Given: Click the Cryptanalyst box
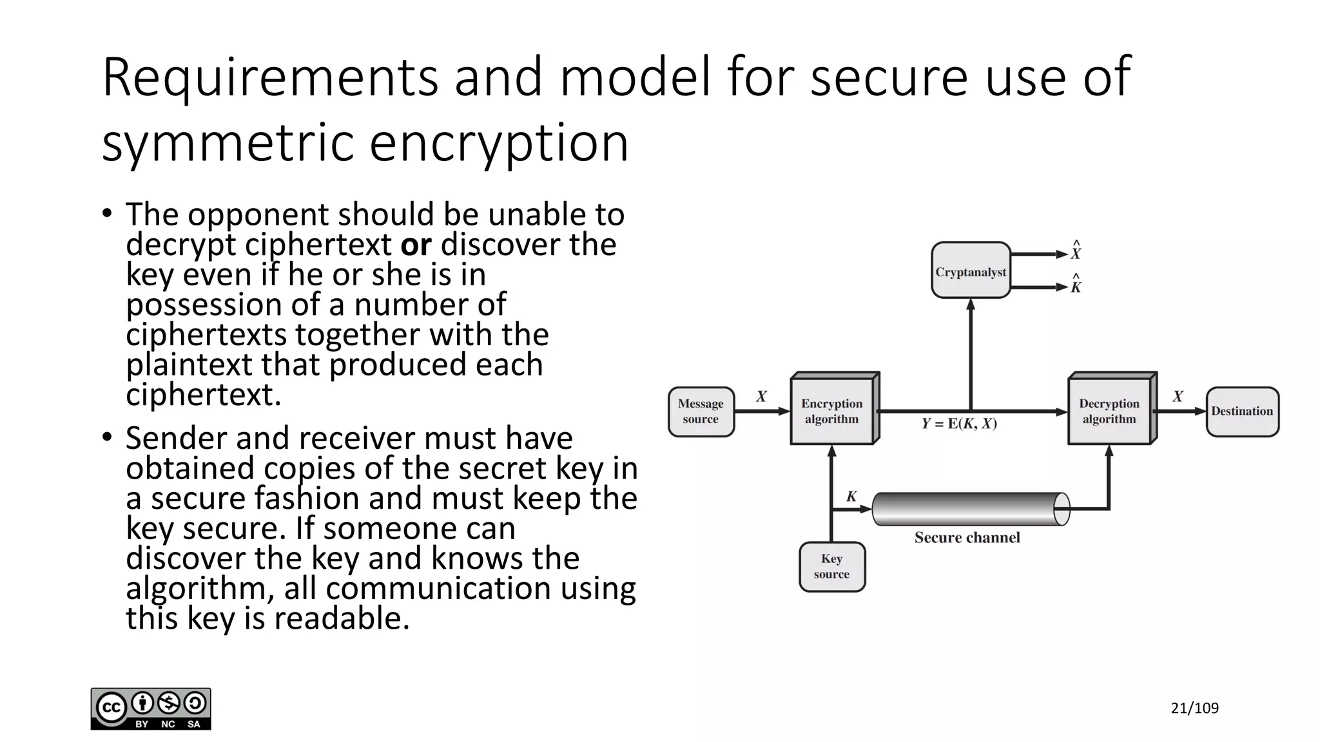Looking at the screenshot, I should pyautogui.click(x=971, y=271).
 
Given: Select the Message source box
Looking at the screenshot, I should pyautogui.click(x=701, y=412).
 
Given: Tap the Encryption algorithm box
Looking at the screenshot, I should pyautogui.click(x=831, y=411).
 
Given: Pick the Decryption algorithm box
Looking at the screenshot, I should pyautogui.click(x=1109, y=411).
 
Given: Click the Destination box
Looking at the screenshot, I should pyautogui.click(x=1242, y=412).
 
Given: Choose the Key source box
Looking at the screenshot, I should pyautogui.click(x=831, y=567).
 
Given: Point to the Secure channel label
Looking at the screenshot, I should pyautogui.click(x=967, y=538).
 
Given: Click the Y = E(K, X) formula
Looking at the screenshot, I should pyautogui.click(x=959, y=424).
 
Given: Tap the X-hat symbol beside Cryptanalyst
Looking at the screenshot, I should pyautogui.click(x=1076, y=251).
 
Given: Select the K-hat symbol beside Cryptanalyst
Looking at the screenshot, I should pyautogui.click(x=1076, y=285).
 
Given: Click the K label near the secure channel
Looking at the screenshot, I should pyautogui.click(x=851, y=497).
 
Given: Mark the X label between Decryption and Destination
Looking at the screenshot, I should pyautogui.click(x=1178, y=397).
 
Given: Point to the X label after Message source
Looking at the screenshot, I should pyautogui.click(x=761, y=397).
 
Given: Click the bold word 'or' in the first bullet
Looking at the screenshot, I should pyautogui.click(x=416, y=245).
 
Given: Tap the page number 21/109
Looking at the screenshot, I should pyautogui.click(x=1194, y=709).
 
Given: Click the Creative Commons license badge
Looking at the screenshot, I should pyautogui.click(x=151, y=709).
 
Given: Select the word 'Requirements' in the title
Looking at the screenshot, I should pyautogui.click(x=270, y=77).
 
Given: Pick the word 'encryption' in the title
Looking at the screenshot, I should pyautogui.click(x=498, y=143).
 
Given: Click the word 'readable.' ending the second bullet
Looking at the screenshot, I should pyautogui.click(x=342, y=618).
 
